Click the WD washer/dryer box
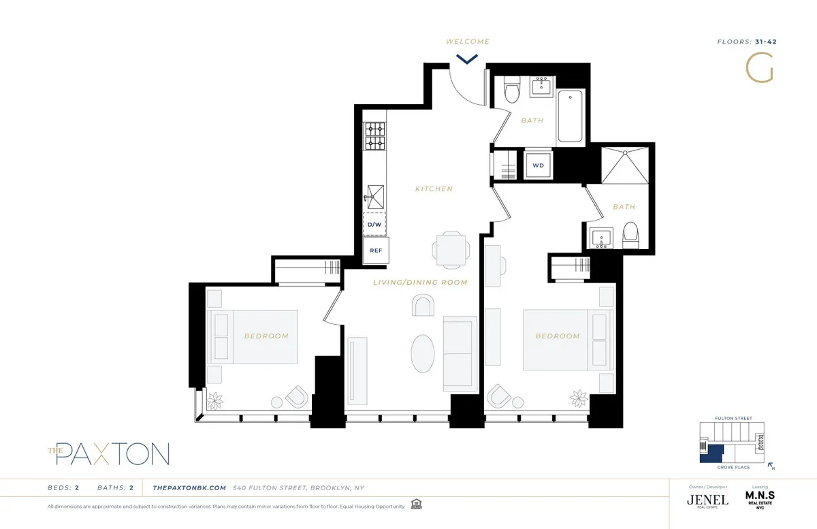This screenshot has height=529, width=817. coord(538,165)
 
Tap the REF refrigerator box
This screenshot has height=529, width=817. coord(376,250)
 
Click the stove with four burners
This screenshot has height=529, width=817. coord(374,135)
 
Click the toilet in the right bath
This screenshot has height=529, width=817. coord(630,236)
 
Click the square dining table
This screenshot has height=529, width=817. coord(451,249)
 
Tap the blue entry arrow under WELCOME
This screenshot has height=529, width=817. coord(467,59)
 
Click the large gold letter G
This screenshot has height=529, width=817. coord(760,67)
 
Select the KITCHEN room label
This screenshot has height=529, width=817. coord(434,189)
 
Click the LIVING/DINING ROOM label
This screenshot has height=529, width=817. coord(419,282)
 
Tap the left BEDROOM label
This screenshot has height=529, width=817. coord(266,336)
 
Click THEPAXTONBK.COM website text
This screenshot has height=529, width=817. coord(189,487)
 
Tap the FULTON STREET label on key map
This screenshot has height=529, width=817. coord(733,418)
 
